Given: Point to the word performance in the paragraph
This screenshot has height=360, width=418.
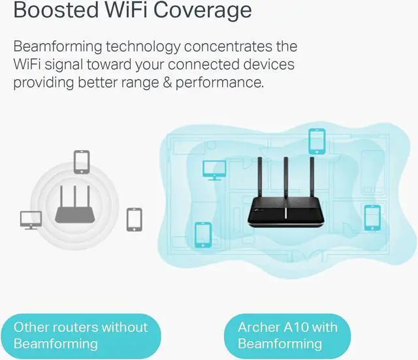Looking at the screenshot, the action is coord(223,83).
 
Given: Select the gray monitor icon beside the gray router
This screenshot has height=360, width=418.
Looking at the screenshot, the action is coord(31,219).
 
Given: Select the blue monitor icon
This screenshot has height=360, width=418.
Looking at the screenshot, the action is coord(213,169).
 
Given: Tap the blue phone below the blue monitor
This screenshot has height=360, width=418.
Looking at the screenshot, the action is coord(203,233).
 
